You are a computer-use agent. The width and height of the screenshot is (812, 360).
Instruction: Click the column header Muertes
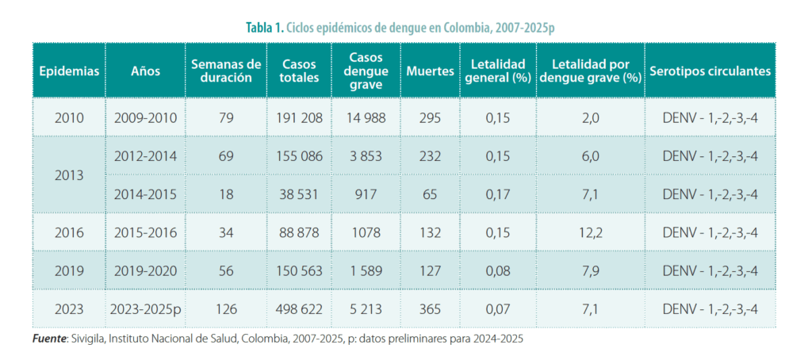click(x=429, y=71)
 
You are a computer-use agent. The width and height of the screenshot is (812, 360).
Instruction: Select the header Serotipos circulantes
click(x=710, y=71)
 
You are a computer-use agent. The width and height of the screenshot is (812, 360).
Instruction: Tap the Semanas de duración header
click(x=226, y=71)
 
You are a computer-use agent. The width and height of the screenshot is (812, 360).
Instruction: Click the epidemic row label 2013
click(x=69, y=175)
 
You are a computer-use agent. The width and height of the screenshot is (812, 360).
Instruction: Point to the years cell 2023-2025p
click(x=147, y=308)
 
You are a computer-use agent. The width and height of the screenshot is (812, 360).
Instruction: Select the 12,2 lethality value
click(x=591, y=232)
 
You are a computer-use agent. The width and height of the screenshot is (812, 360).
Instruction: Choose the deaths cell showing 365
click(x=429, y=308)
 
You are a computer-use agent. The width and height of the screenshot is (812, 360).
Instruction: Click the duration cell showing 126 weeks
click(x=226, y=308)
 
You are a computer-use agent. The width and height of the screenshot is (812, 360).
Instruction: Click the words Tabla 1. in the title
click(x=264, y=27)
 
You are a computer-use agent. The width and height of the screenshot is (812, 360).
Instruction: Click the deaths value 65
click(x=429, y=194)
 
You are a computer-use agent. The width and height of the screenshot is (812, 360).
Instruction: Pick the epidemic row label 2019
click(x=69, y=270)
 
